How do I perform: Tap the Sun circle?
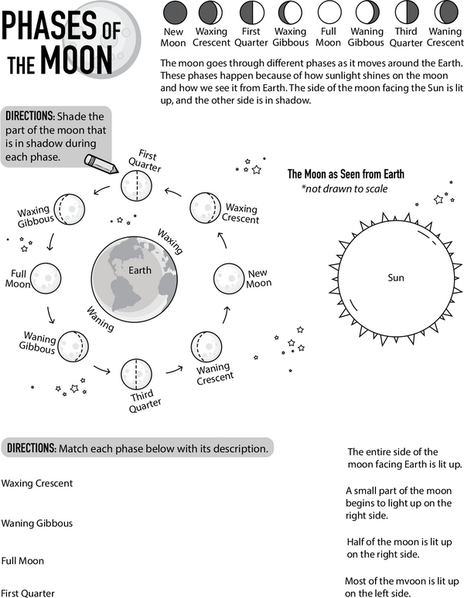396,277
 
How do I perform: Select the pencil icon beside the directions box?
101,163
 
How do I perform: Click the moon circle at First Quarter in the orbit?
136,186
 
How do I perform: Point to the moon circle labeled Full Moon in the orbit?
46,275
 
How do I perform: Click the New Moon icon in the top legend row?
173,12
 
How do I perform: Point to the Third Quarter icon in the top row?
407,12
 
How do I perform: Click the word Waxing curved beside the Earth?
170,241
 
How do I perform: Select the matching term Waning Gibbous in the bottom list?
37,523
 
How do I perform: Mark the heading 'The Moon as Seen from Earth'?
346,175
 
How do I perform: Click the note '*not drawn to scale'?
344,189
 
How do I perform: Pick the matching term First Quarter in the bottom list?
28,593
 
